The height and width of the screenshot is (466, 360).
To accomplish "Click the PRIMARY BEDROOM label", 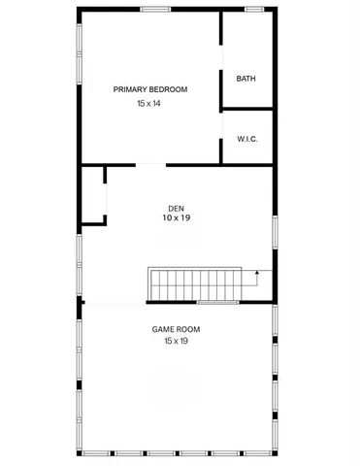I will (x=149, y=89).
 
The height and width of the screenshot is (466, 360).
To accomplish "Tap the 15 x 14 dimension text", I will (x=148, y=103).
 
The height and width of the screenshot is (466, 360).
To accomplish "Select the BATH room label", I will (x=245, y=79).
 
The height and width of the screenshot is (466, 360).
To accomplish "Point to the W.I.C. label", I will (x=246, y=139).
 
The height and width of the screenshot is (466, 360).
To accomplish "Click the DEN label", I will (x=176, y=208).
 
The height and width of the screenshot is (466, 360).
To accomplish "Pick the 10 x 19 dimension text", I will (x=176, y=218).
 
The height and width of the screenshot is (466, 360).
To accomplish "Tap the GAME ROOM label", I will (x=176, y=329).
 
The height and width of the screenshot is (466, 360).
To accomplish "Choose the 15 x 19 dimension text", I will (x=176, y=341).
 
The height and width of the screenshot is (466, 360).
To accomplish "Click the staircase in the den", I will (x=194, y=284).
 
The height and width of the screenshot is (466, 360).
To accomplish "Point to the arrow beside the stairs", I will (x=257, y=277).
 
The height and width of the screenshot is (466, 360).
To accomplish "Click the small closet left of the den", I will (x=92, y=194).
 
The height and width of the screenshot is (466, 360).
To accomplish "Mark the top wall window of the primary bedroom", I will (x=155, y=10).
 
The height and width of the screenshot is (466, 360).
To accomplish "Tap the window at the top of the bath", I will (x=254, y=10).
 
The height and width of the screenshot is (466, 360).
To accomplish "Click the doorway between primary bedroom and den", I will (x=150, y=163).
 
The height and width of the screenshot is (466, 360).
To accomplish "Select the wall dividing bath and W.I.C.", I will (x=246, y=111).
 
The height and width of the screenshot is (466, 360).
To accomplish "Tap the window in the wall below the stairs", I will (x=217, y=303).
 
